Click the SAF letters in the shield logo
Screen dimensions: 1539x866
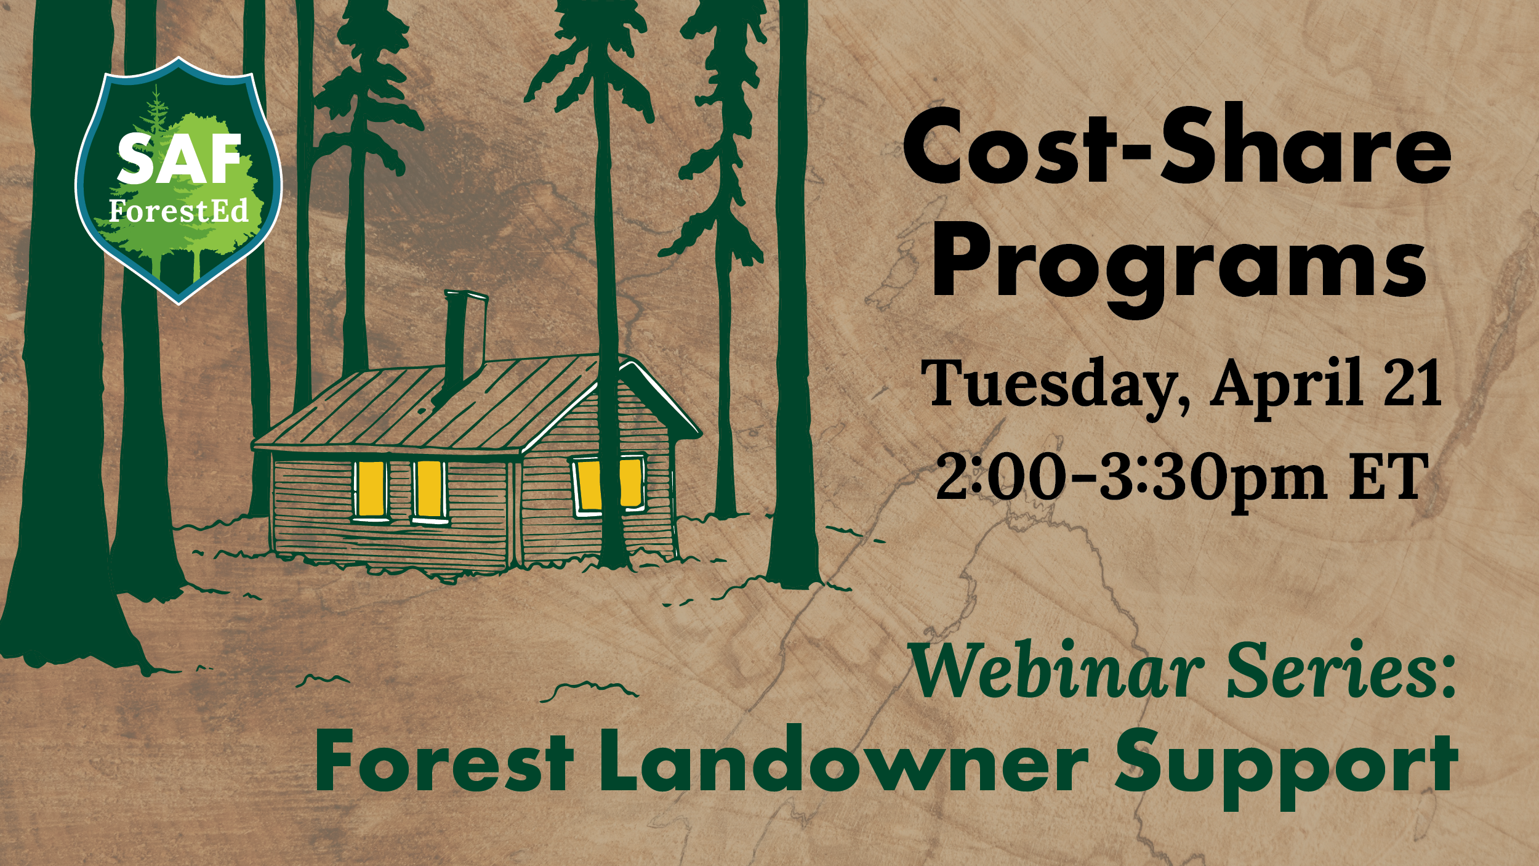179,159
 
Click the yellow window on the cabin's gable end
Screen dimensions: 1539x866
609,485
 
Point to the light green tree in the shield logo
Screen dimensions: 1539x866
207,185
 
